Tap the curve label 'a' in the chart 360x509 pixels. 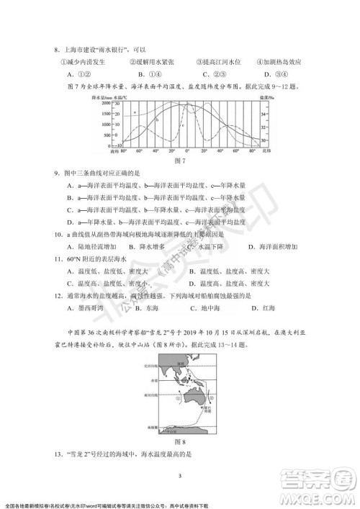coord(134,113)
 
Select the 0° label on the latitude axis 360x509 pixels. coord(186,151)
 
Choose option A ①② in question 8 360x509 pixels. coord(78,73)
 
